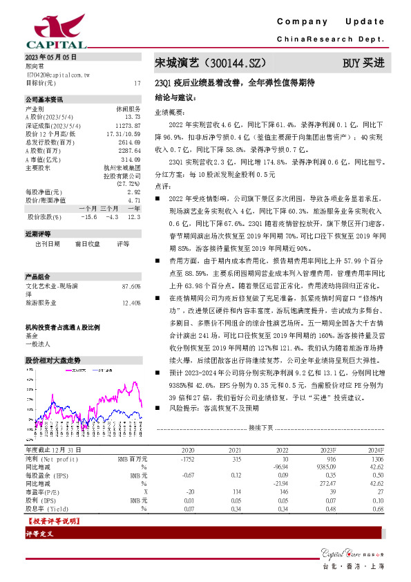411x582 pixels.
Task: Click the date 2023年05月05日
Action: (x=50, y=57)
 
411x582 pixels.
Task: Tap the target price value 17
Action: (x=137, y=82)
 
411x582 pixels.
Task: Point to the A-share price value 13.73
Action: (x=133, y=117)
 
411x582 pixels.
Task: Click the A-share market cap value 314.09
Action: (x=131, y=158)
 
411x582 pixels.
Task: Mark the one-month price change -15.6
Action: (x=88, y=217)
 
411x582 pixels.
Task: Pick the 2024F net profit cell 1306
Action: (x=376, y=458)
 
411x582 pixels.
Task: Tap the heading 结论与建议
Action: (x=175, y=98)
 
